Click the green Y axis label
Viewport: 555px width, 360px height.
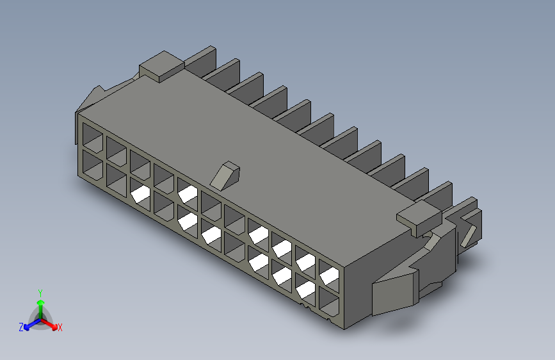click(40, 293)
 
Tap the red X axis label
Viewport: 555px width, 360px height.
click(60, 327)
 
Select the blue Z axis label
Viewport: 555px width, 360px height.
click(21, 327)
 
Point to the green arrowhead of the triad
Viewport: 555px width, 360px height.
click(41, 302)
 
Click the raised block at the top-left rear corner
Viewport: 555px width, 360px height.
click(162, 66)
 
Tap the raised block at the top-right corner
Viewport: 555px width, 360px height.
click(420, 218)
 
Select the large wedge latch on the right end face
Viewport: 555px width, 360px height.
click(396, 292)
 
